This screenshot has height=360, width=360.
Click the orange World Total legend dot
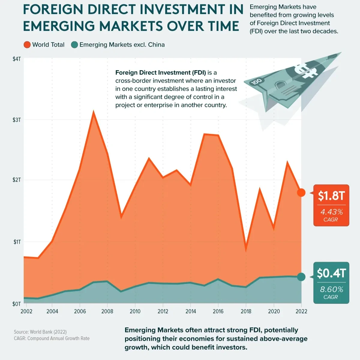27,45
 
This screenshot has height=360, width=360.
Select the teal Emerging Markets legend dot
74,45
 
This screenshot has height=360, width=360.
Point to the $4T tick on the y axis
17,59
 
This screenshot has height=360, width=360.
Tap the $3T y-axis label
17,120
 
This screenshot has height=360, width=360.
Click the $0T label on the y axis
17,304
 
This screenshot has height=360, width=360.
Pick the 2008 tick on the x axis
107,311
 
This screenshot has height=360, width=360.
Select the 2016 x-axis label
218,311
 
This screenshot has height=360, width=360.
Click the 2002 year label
26,311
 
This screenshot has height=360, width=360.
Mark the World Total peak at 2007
94,112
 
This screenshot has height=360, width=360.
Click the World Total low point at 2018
246,249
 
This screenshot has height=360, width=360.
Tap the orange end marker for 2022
301,192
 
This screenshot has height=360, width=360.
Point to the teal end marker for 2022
301,277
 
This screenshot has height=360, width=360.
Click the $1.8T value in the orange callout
331,196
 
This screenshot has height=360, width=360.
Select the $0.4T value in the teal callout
331,273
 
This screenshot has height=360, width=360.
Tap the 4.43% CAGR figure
331,212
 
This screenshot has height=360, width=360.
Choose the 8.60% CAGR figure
331,289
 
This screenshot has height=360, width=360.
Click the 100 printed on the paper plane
257,81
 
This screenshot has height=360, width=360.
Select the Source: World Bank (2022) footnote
40,332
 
